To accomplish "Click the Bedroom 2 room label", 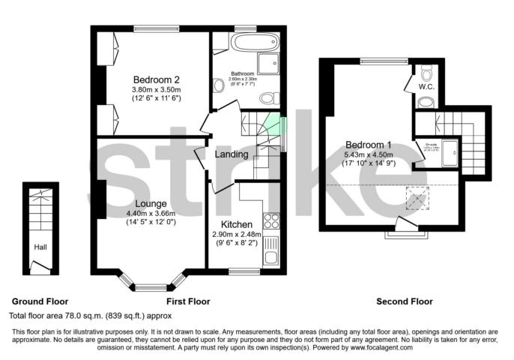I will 157,80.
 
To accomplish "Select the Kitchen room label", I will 236,224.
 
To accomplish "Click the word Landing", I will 232,154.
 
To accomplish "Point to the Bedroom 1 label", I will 368,145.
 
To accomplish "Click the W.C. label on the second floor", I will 427,87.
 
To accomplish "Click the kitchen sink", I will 271,250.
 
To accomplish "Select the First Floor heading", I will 188,301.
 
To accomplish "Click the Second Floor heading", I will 405,301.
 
